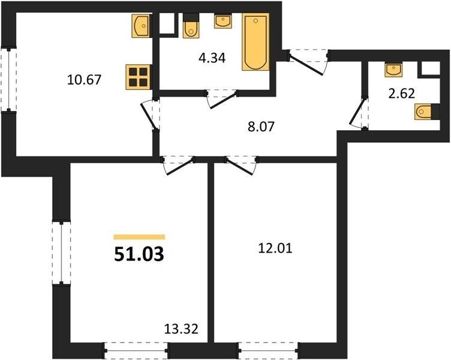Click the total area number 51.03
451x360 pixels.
(139, 254)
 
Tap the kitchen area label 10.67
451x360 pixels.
(84, 79)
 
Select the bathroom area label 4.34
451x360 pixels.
(212, 58)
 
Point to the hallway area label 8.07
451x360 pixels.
(261, 127)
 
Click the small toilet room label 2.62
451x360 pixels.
(402, 93)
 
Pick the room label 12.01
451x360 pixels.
(275, 248)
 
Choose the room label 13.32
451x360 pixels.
(181, 329)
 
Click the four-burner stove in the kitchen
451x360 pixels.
(138, 77)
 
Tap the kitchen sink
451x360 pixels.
(140, 26)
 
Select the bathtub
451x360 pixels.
(255, 42)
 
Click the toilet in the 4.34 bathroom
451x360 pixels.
(191, 26)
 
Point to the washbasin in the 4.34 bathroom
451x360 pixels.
(223, 21)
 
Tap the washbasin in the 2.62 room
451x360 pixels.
(393, 70)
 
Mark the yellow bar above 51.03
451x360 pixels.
(139, 237)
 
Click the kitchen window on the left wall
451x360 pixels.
(8, 79)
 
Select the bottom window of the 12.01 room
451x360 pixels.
(269, 350)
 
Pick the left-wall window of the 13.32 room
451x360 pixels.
(61, 253)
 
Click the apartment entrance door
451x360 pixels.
(308, 61)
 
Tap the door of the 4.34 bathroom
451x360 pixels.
(223, 99)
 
